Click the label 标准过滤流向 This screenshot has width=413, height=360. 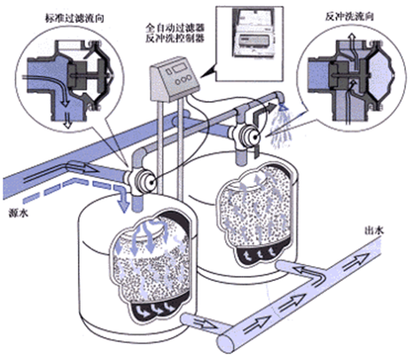tap(74, 19)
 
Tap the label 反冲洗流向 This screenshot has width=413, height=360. tap(349, 17)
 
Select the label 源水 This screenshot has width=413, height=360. tap(19, 213)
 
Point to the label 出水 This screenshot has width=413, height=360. tap(374, 231)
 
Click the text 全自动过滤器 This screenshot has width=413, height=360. tap(175, 28)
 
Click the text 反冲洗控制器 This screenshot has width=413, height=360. tap(175, 39)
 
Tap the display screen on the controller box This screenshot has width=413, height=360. tap(179, 69)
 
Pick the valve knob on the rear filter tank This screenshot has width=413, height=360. tap(250, 135)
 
